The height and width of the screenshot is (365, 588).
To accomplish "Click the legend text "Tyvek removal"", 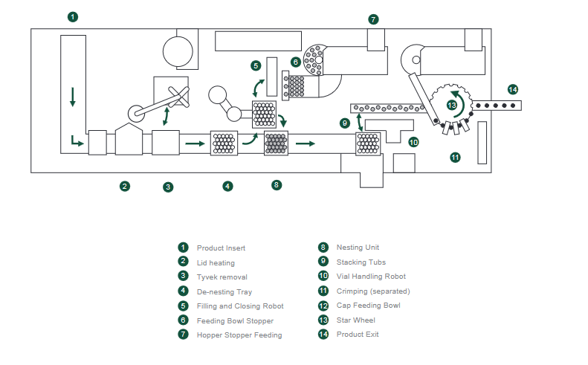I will click(222, 277).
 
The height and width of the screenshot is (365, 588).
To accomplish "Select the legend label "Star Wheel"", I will click(355, 320).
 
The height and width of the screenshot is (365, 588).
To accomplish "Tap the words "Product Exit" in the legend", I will click(358, 335).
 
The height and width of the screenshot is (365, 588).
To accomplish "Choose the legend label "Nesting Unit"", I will click(358, 248).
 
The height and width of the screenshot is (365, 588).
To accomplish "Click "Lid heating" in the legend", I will click(216, 262).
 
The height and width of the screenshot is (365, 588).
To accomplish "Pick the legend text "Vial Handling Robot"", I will click(371, 277).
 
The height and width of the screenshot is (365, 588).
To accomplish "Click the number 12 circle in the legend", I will click(323, 306).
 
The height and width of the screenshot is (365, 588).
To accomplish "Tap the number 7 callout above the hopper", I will click(373, 19).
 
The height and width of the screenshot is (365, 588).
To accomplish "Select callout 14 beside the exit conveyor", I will click(512, 89).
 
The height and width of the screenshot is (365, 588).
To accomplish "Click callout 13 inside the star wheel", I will click(452, 106).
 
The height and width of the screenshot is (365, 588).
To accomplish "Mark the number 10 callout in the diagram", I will click(413, 141).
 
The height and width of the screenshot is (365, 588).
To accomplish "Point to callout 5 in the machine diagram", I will click(256, 66).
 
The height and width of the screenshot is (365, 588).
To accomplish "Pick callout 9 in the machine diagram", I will click(345, 123).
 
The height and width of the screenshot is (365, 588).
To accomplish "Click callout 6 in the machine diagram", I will click(296, 62).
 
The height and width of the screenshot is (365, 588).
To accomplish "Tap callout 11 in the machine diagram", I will click(455, 157).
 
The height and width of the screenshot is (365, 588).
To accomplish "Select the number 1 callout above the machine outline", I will click(72, 16).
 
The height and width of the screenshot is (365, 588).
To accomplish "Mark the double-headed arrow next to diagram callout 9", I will click(360, 123).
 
